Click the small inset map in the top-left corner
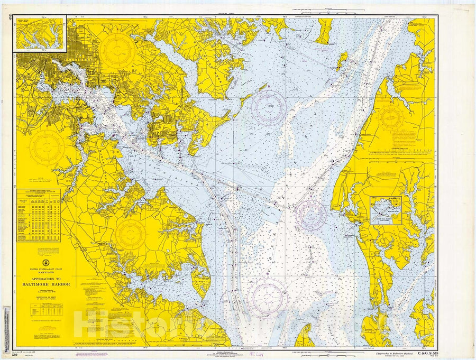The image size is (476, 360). click(x=41, y=33)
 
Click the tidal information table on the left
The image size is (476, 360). click(x=39, y=215)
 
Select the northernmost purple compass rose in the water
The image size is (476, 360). click(x=269, y=107)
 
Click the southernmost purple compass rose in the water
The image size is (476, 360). click(x=268, y=298)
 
